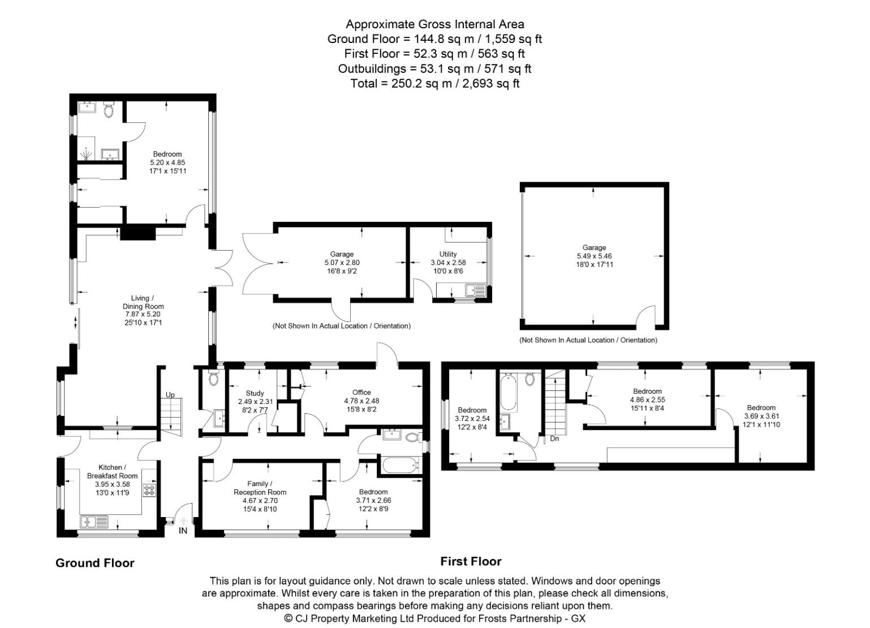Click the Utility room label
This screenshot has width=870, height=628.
pyautogui.click(x=448, y=254)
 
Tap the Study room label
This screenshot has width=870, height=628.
pyautogui.click(x=255, y=393)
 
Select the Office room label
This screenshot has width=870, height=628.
pyautogui.click(x=361, y=392)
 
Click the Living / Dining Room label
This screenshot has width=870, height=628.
pyautogui.click(x=143, y=302)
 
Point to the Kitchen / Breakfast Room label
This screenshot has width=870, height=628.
pyautogui.click(x=112, y=471)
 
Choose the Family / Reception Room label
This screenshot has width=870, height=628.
pyautogui.click(x=260, y=488)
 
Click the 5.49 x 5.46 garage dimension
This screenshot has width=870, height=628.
pyautogui.click(x=595, y=256)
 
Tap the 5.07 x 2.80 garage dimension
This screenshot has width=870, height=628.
pyautogui.click(x=342, y=263)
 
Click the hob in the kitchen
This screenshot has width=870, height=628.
pyautogui.click(x=149, y=490)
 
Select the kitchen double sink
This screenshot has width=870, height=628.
pyautogui.click(x=94, y=521)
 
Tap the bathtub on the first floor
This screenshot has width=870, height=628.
pyautogui.click(x=508, y=392)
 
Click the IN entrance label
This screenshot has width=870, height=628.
pyautogui.click(x=183, y=531)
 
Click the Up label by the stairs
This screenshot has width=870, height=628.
pyautogui.click(x=170, y=394)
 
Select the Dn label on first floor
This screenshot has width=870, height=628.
pyautogui.click(x=554, y=438)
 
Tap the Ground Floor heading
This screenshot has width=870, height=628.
pyautogui.click(x=95, y=563)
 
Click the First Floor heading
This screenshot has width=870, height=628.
pyautogui.click(x=471, y=561)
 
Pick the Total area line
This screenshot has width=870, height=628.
pyautogui.click(x=435, y=84)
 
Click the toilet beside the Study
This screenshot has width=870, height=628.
pyautogui.click(x=214, y=378)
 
